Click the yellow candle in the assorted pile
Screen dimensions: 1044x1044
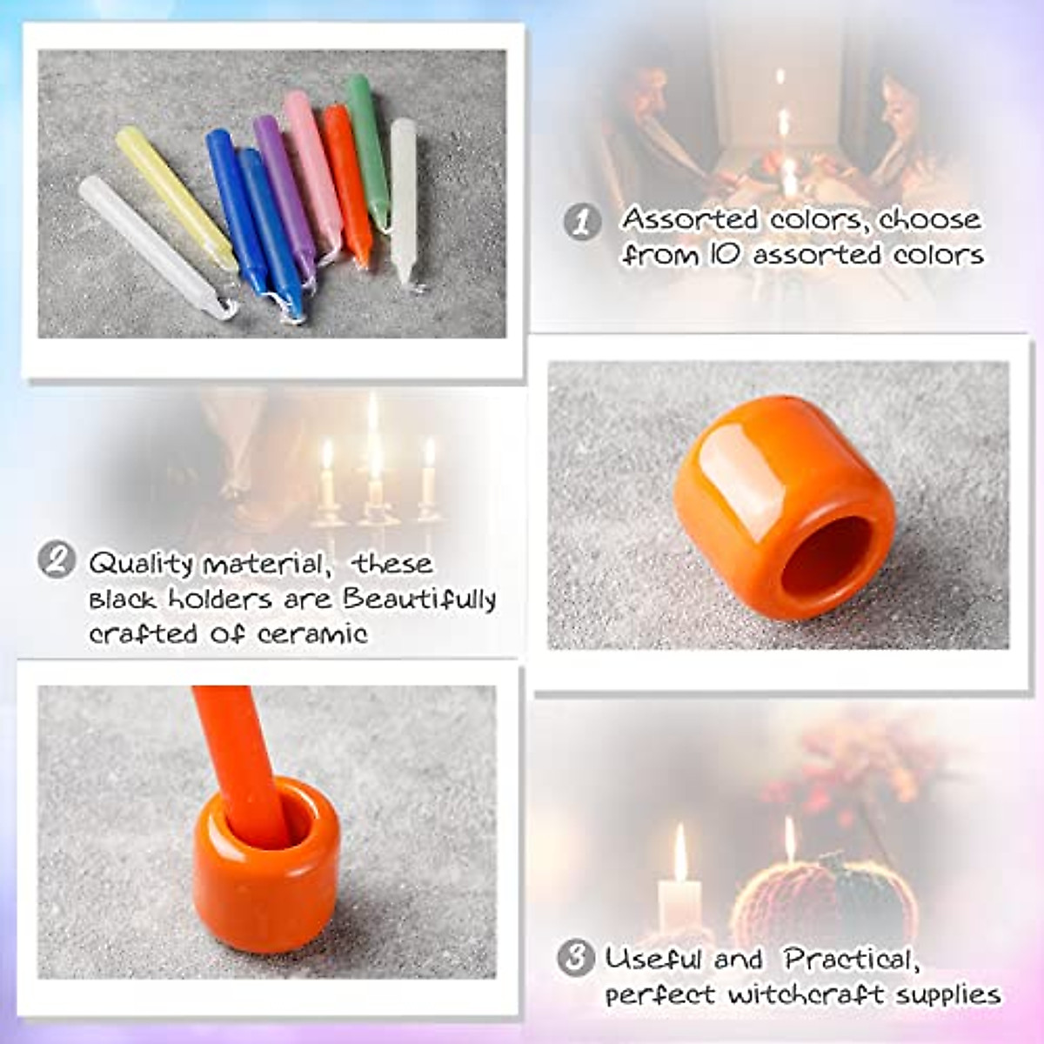[174, 196]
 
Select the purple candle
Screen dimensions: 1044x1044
[284, 191]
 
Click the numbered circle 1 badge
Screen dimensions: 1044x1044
[582, 222]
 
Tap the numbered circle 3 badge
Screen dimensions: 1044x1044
[575, 958]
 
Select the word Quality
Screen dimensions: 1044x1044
[141, 565]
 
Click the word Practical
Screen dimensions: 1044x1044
[850, 959]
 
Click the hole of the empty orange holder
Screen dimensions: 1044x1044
[826, 557]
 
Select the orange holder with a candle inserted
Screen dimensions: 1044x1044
[265, 879]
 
